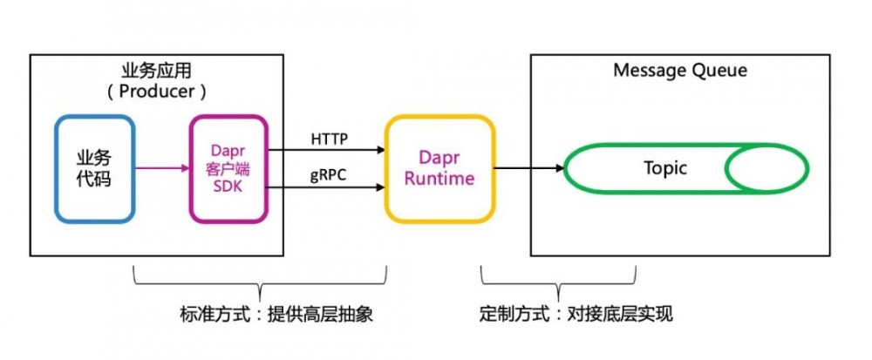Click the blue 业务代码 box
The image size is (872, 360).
point(93,168)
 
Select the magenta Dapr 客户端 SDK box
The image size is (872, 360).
point(227,168)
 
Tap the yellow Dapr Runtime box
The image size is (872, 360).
point(439,167)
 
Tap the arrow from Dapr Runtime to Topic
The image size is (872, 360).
point(528,169)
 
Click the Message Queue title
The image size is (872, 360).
point(680,71)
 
